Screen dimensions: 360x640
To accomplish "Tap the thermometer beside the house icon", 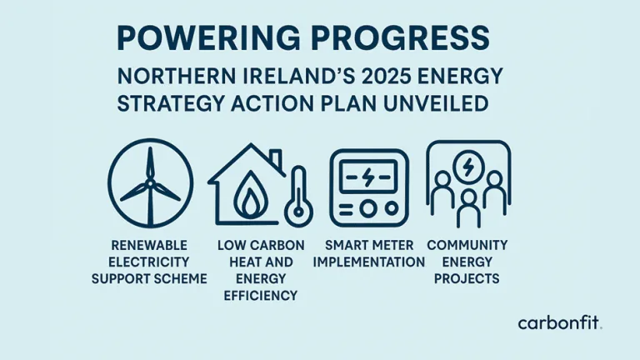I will click(297, 196).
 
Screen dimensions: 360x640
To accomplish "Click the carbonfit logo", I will click(559, 322).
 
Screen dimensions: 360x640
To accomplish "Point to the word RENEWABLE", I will click(149, 246).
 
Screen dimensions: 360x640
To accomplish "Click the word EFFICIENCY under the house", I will click(261, 294).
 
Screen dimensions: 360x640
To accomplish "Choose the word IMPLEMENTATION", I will click(369, 262).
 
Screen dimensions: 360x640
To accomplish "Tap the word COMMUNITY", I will click(467, 246).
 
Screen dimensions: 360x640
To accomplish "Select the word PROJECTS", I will click(467, 278).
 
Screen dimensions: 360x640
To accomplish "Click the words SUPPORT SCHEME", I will click(149, 278).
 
